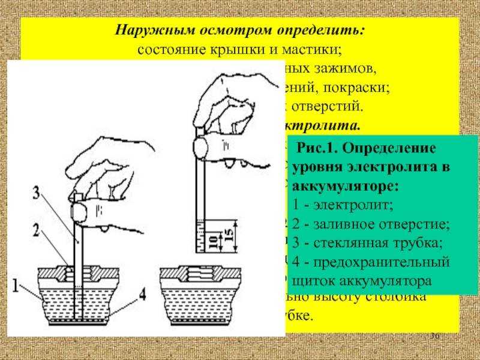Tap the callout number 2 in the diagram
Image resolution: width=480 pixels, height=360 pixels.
click(36, 229)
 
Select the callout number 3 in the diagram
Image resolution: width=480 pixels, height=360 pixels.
click(36, 193)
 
